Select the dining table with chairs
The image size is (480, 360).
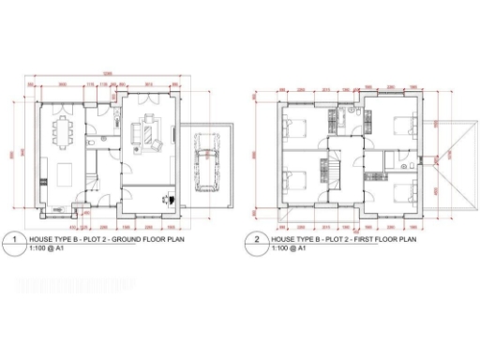click(64, 133)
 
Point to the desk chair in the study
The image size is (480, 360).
click(167, 198)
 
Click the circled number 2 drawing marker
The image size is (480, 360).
click(257, 241)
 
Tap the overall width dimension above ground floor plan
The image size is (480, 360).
click(109, 73)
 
